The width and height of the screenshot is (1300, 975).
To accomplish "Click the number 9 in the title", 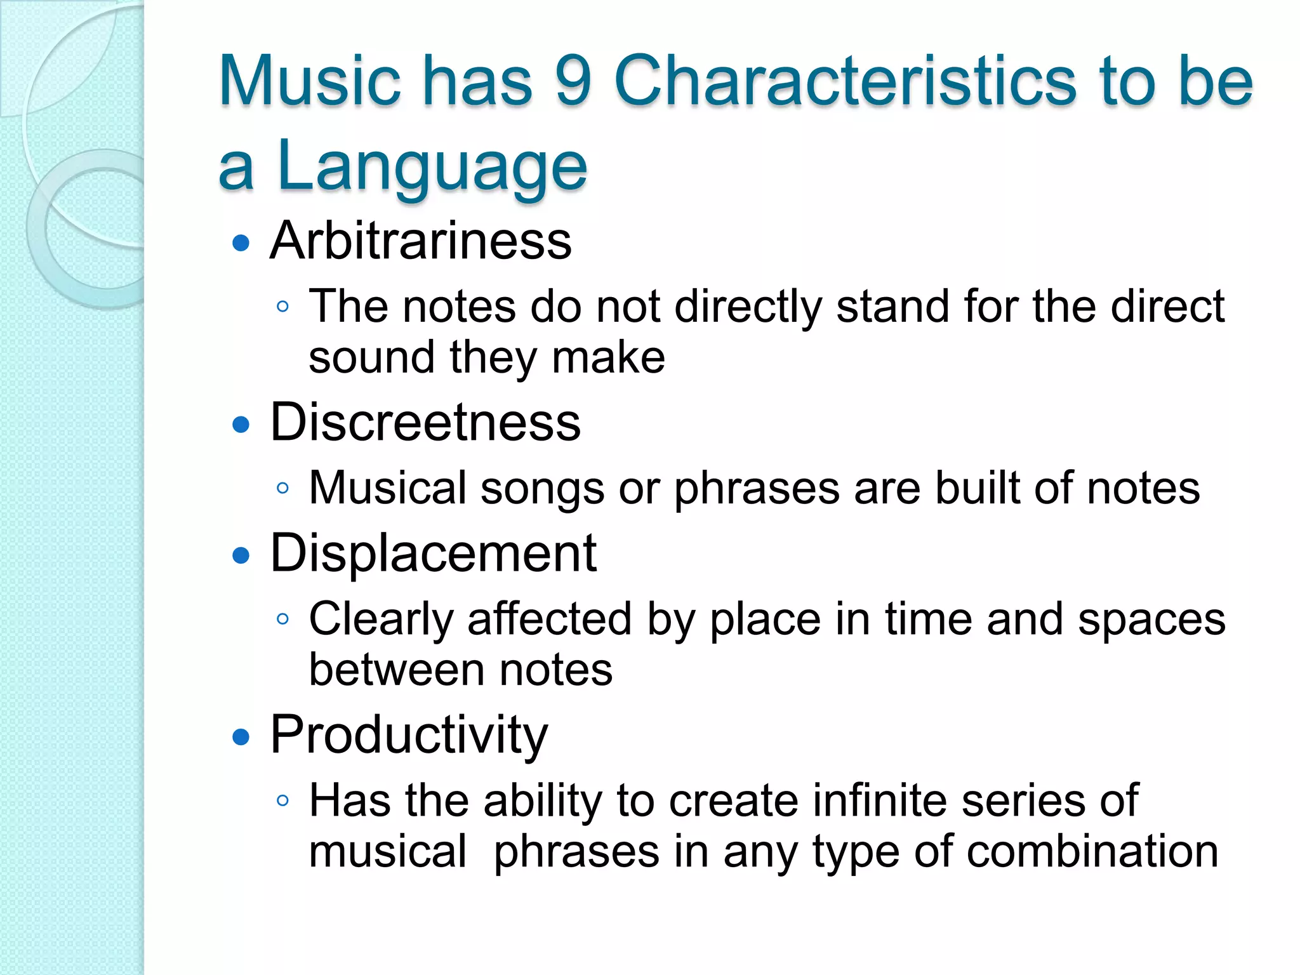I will click(x=573, y=81).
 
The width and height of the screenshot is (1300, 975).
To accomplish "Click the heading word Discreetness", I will click(x=425, y=422).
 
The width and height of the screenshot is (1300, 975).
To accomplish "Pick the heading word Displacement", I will click(x=433, y=554).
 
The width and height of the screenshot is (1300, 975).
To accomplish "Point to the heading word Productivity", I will click(x=409, y=735).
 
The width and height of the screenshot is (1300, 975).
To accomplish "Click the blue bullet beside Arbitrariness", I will click(x=241, y=243).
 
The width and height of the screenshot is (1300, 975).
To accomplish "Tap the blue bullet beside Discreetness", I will click(x=241, y=425).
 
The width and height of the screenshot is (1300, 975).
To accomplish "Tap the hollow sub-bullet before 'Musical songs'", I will click(x=283, y=489).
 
